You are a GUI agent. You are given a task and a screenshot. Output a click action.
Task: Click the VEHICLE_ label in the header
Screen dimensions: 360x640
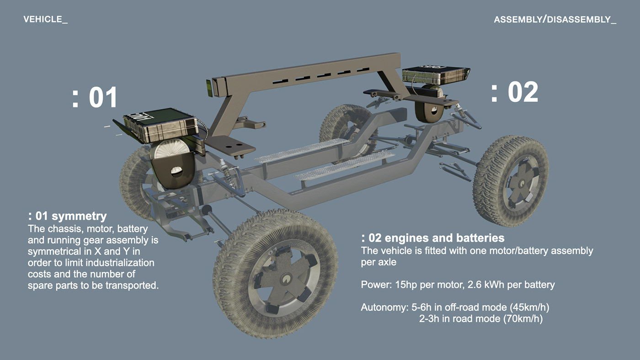(x=45, y=20)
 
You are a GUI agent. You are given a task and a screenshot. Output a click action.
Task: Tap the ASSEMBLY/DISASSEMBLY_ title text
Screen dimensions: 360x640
(x=555, y=20)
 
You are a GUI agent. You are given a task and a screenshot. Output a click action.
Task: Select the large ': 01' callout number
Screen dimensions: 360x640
(x=95, y=97)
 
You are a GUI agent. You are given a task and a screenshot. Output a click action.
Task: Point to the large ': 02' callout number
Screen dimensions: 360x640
(x=514, y=92)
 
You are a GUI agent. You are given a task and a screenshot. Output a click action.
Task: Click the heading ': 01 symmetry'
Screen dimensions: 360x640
(x=67, y=216)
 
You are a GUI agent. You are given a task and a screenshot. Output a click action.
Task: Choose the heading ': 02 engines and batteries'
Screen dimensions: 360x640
(x=432, y=238)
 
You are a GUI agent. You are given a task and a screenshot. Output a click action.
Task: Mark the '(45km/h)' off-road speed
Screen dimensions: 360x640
(x=530, y=307)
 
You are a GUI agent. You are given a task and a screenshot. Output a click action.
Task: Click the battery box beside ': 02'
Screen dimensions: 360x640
(x=435, y=75)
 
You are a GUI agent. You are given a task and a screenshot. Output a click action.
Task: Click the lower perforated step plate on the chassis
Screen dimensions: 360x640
(x=343, y=166)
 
